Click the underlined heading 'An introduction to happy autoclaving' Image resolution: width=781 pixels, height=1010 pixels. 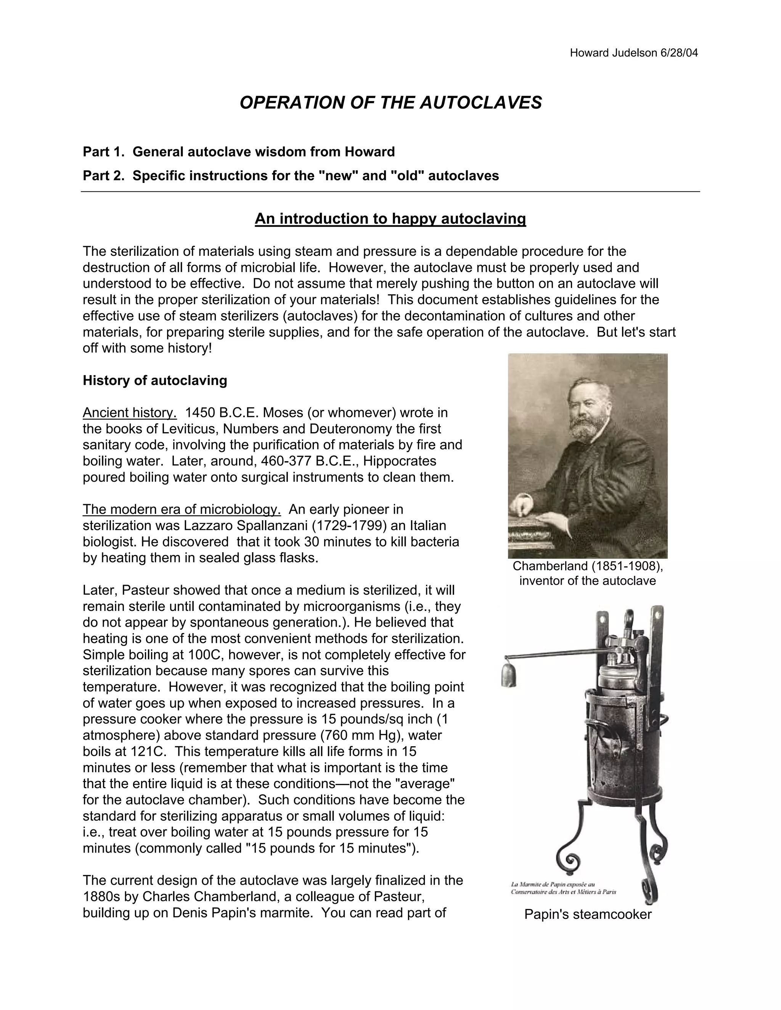point(390,218)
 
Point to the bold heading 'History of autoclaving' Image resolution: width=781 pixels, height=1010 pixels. point(154,381)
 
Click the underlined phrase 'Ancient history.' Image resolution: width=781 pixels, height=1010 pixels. point(130,412)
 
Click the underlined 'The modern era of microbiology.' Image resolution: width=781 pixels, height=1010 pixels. point(182,510)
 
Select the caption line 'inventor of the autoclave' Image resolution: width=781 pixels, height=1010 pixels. point(587,581)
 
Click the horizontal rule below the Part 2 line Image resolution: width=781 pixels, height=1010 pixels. point(390,191)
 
